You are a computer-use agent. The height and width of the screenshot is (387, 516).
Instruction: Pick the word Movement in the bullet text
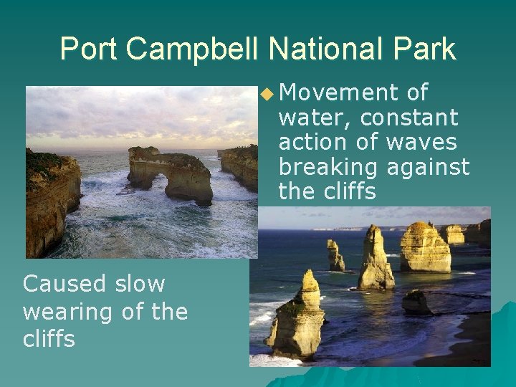point(338,93)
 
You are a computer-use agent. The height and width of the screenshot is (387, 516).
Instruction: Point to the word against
point(428,167)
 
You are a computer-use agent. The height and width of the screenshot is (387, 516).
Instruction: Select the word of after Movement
point(417,93)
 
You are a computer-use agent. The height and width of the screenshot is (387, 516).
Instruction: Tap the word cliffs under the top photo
point(49,338)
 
